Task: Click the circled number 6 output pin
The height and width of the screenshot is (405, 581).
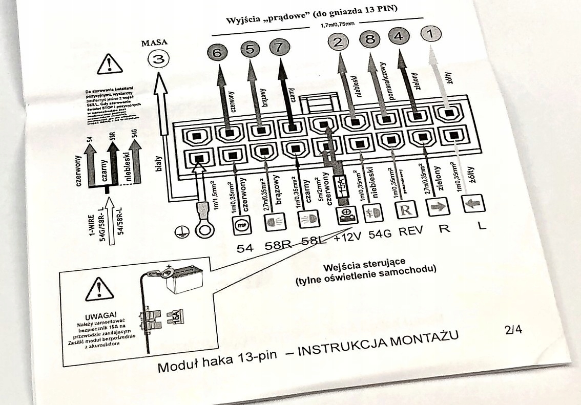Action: click(x=218, y=53)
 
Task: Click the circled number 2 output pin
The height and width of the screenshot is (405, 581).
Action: click(x=338, y=42)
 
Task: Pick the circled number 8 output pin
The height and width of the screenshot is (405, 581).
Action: click(x=370, y=39)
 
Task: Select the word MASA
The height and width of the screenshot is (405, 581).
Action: click(x=155, y=43)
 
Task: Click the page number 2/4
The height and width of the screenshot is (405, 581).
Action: click(x=513, y=329)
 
